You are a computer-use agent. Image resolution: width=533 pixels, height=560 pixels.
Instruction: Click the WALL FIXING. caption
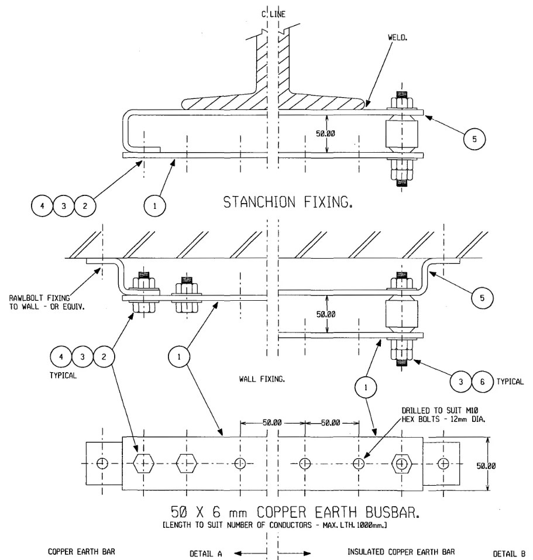coord(262,379)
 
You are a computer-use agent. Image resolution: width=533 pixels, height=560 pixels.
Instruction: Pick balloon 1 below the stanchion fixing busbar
coord(155,205)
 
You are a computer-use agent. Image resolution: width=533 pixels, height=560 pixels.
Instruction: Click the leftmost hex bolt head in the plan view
coord(143,463)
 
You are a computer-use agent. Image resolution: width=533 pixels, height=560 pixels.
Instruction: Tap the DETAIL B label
coord(509,552)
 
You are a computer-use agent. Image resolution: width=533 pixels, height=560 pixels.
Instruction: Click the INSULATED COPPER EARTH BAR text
coord(401,552)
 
